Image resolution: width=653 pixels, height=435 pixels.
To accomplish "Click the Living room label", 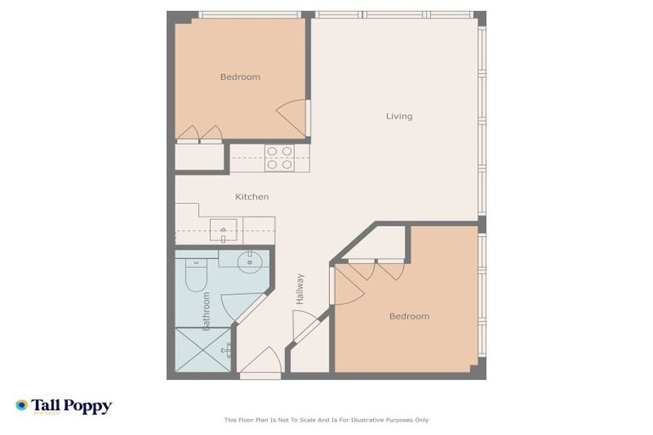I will pos(399,116).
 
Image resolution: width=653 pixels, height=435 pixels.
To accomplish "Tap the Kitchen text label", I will pos(252,197).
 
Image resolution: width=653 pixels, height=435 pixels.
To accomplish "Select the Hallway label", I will pos(300,289).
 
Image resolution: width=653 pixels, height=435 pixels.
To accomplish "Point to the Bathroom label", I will pos(206,309).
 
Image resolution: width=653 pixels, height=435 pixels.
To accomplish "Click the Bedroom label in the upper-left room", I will pos(240,77).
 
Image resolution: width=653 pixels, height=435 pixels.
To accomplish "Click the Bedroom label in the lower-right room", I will pos(409,316).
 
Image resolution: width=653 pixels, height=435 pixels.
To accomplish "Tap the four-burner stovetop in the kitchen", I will pos(279,158).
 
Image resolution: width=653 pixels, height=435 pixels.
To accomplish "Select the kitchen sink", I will pos(224,229).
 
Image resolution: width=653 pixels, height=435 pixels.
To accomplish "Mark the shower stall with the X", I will pos(203,349).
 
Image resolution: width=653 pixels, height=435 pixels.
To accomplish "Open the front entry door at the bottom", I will pos(260,363).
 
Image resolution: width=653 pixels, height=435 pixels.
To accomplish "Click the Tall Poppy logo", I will pos(64,406).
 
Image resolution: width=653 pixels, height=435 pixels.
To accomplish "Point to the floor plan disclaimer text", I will pos(326,420).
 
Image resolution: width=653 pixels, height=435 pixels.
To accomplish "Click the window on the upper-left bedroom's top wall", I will pos(248,14).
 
